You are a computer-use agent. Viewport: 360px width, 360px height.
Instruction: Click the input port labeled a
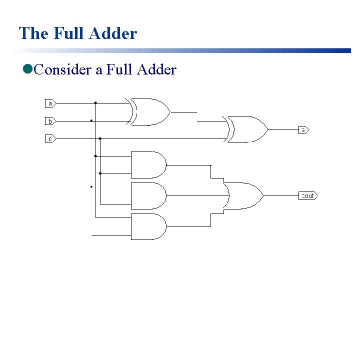pyautogui.click(x=50, y=103)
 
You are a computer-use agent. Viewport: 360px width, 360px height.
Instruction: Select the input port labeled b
pyautogui.click(x=50, y=121)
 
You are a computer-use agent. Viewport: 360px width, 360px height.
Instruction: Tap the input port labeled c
pyautogui.click(x=50, y=138)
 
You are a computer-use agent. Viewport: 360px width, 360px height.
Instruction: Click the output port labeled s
pyautogui.click(x=304, y=130)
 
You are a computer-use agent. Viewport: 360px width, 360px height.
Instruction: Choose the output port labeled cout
pyautogui.click(x=308, y=195)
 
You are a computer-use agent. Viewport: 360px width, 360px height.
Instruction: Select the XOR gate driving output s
pyautogui.click(x=246, y=129)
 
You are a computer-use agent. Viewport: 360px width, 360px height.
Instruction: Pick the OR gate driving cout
pyautogui.click(x=243, y=195)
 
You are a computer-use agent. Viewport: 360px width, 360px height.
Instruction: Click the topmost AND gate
pyautogui.click(x=148, y=164)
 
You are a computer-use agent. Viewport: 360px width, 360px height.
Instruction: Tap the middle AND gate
pyautogui.click(x=148, y=195)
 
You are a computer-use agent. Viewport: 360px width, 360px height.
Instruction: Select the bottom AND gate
pyautogui.click(x=148, y=226)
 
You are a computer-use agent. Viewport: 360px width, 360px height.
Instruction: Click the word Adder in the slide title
pyautogui.click(x=114, y=33)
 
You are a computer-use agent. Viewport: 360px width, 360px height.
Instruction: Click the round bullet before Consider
pyautogui.click(x=27, y=69)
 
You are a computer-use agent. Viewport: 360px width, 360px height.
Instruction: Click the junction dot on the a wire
pyautogui.click(x=95, y=103)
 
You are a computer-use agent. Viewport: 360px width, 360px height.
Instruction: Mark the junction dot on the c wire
pyautogui.click(x=100, y=138)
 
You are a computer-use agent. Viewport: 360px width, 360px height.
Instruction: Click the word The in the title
pyautogui.click(x=33, y=33)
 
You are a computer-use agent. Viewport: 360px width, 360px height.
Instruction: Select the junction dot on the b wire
pyautogui.click(x=91, y=120)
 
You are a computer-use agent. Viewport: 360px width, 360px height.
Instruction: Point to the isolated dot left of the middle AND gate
pyautogui.click(x=91, y=187)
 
